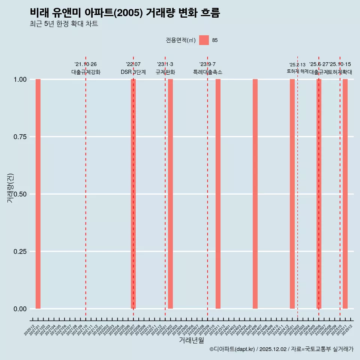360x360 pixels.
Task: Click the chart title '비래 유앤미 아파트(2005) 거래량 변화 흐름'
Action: [124, 13]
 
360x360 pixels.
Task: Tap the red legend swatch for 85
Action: [204, 40]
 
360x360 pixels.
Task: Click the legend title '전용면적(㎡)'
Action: [180, 40]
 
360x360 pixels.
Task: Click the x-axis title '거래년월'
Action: [191, 340]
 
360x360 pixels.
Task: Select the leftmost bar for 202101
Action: [38, 194]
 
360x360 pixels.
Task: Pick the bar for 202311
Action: [218, 194]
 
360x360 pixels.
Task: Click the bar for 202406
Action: [255, 194]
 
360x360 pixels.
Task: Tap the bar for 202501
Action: [292, 194]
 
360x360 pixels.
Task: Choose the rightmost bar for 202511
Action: [345, 194]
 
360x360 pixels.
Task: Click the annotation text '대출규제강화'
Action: [85, 72]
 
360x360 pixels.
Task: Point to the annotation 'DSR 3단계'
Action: [133, 72]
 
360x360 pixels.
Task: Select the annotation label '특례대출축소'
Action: [207, 72]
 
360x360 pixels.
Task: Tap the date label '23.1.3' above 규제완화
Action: [165, 64]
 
